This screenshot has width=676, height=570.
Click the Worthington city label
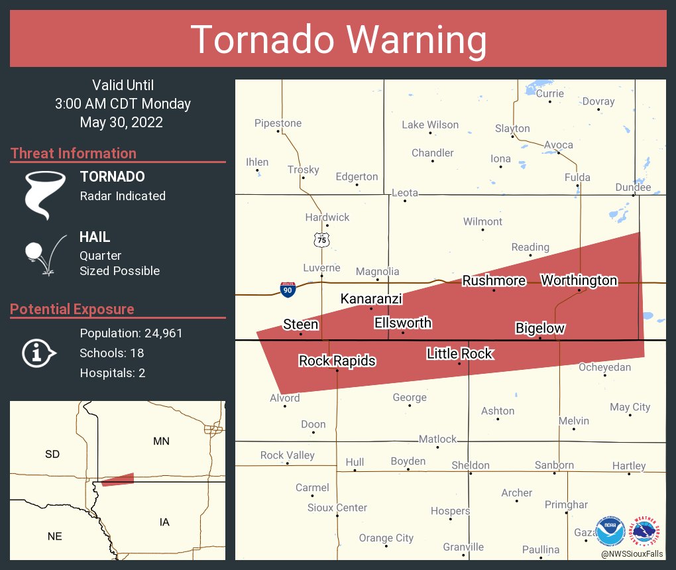[x=579, y=280]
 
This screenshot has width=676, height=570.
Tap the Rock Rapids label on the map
[x=337, y=361]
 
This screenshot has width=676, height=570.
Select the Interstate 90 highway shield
[x=288, y=288]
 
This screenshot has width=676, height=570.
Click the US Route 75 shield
[x=322, y=240]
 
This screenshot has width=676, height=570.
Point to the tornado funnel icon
[x=44, y=194]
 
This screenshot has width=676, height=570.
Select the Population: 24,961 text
[x=131, y=333]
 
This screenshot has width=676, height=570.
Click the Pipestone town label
[x=278, y=123]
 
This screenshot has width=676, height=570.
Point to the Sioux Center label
[x=337, y=508]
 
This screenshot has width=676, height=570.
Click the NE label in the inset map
[x=54, y=536]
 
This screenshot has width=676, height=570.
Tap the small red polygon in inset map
[x=118, y=479]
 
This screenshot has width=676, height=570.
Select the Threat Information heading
[x=74, y=153]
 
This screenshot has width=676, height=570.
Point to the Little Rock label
[x=459, y=353]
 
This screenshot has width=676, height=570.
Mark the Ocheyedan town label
[x=604, y=367]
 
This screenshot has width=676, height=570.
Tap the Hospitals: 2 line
[x=112, y=372]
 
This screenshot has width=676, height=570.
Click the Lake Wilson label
[x=430, y=125]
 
